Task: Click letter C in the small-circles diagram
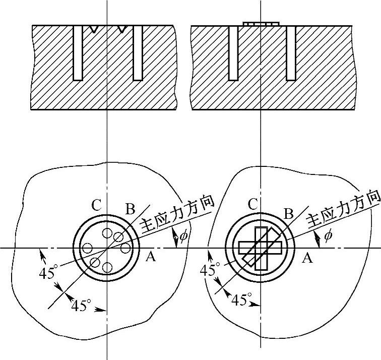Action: click(x=98, y=206)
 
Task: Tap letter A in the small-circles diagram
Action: click(x=149, y=258)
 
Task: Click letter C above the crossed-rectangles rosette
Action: click(x=254, y=205)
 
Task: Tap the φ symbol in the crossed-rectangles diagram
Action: click(x=328, y=235)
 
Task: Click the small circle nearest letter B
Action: click(x=118, y=236)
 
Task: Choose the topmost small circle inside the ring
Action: click(x=106, y=233)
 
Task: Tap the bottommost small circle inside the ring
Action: click(x=106, y=268)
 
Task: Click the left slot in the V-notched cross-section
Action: click(x=78, y=53)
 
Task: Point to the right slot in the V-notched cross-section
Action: click(x=138, y=53)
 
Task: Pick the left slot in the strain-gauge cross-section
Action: click(x=233, y=53)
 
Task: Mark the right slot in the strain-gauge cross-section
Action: click(x=291, y=53)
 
